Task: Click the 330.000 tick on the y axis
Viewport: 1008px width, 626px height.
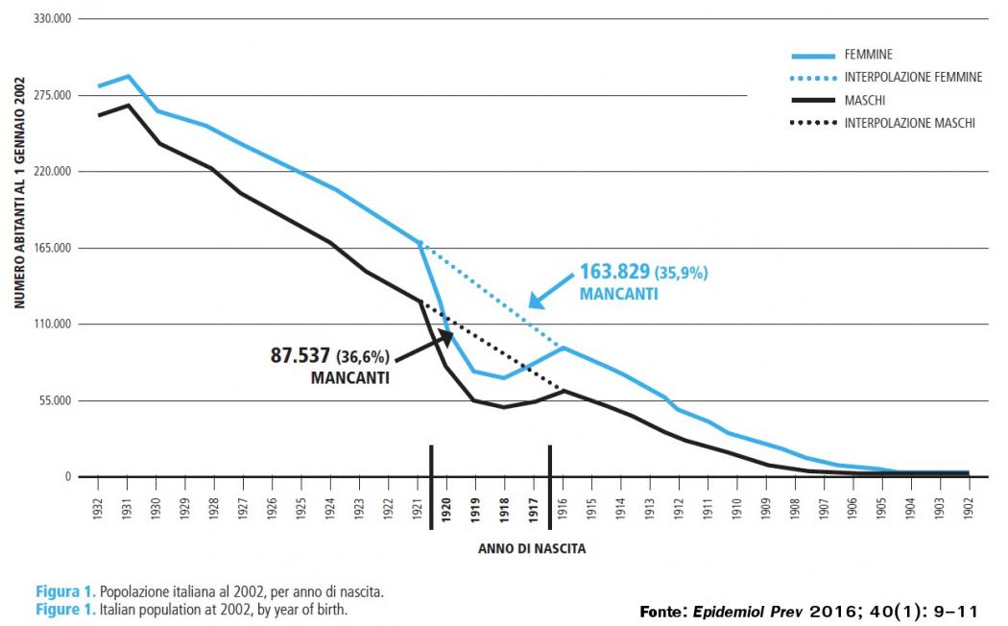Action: click(48, 19)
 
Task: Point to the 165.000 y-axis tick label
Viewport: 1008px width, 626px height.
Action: click(48, 248)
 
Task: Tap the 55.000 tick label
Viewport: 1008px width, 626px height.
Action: click(50, 400)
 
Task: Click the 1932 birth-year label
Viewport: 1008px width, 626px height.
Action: click(99, 509)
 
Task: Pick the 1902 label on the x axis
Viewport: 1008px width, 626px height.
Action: click(969, 509)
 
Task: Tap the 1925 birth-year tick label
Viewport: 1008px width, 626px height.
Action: click(301, 509)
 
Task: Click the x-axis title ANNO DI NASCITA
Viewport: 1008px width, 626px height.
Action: click(531, 550)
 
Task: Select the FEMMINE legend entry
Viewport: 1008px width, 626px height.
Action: click(869, 55)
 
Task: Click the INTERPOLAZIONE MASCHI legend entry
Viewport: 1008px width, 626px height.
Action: click(909, 123)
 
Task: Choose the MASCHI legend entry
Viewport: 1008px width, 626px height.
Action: click(865, 100)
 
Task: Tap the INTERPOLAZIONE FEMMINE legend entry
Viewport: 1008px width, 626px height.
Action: click(912, 77)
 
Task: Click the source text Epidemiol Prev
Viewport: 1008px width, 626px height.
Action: click(754, 612)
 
